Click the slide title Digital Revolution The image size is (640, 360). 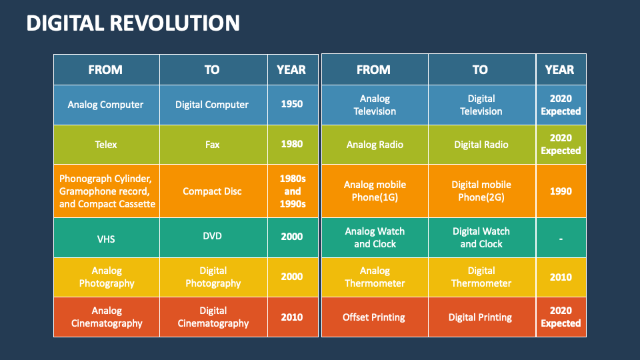133,23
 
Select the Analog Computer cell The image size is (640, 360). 106,105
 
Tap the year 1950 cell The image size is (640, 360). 291,104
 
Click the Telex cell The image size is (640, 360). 106,144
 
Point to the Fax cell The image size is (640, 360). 212,144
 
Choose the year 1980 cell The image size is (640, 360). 291,143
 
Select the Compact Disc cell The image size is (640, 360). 212,191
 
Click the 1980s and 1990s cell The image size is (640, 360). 291,191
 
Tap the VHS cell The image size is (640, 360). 106,238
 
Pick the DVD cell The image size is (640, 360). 212,237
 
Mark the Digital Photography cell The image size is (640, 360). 213,277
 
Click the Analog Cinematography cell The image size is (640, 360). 107,317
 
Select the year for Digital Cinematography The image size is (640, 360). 291,317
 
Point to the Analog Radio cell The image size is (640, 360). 375,145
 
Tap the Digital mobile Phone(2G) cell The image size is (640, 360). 481,191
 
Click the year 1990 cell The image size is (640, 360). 560,191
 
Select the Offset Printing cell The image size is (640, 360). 374,317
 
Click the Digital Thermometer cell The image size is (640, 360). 481,277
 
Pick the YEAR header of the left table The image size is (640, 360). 291,69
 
